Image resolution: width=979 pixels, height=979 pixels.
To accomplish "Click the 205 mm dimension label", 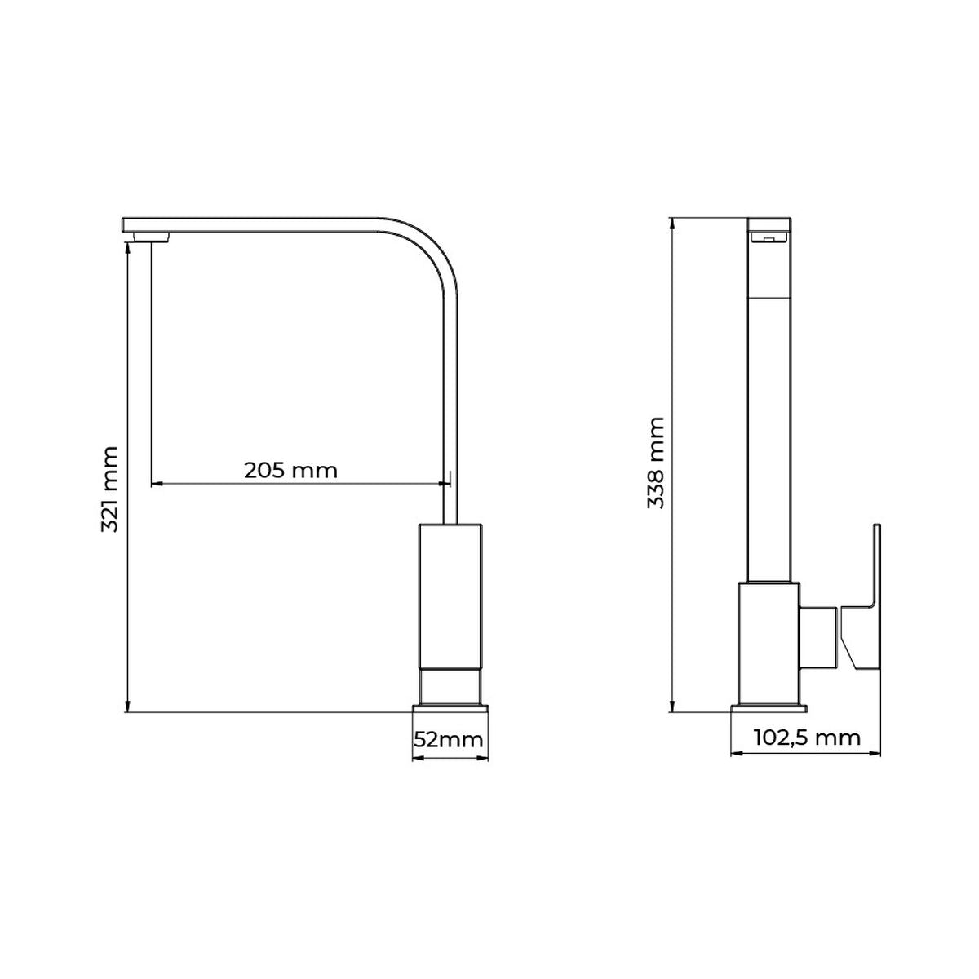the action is point(290,471).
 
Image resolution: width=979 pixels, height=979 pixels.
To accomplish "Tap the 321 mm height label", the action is point(110,489).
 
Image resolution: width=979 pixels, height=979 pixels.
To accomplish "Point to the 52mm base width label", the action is point(448,740).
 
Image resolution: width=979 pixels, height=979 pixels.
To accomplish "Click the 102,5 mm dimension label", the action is point(807,738).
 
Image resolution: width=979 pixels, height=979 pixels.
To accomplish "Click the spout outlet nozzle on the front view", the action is point(152,237).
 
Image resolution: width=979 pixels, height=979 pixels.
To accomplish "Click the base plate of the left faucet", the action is point(450,708).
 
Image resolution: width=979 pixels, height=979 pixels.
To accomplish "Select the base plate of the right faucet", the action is point(769,708).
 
